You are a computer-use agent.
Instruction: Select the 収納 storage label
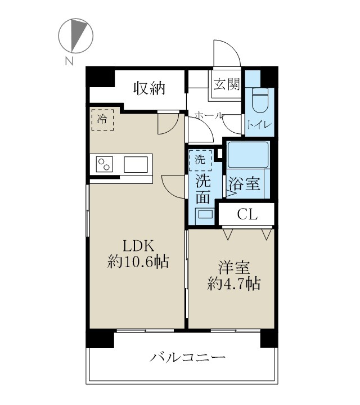point(149,88)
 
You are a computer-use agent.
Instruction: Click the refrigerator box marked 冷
point(102,119)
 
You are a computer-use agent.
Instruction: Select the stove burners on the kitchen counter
point(104,165)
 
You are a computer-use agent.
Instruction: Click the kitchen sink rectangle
point(137,165)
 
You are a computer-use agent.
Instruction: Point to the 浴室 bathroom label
point(244,183)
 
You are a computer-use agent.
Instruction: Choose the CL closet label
point(247,214)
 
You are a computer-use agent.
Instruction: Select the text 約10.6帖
point(138,262)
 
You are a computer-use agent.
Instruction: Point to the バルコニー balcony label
point(188,357)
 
